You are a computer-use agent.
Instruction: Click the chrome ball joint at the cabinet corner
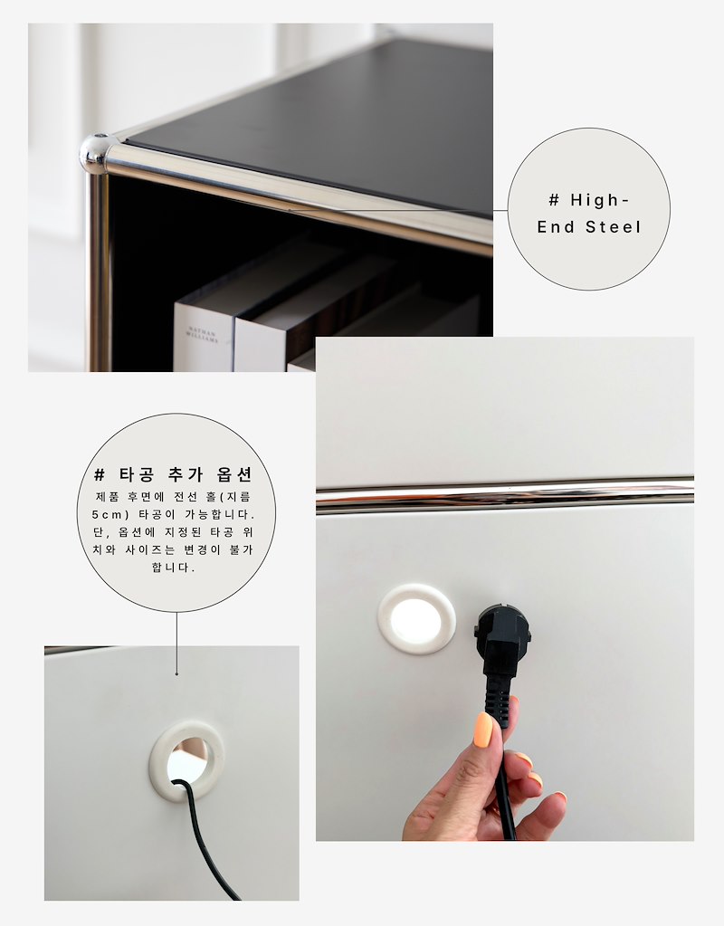(x=94, y=154)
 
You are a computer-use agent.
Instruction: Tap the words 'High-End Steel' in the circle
(x=589, y=214)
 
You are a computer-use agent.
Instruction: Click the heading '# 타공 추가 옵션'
(x=174, y=474)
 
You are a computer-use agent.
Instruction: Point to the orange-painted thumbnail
(x=484, y=730)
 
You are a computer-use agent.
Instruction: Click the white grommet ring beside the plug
(x=417, y=619)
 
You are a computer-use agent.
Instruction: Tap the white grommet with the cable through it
(x=186, y=761)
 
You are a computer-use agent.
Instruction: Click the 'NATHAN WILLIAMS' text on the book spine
(x=202, y=335)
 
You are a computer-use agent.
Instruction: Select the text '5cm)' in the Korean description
(x=110, y=514)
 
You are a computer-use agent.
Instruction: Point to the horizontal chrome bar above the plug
(x=505, y=495)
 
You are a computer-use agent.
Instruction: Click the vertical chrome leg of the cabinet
(x=100, y=272)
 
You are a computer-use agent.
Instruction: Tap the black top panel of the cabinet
(x=330, y=124)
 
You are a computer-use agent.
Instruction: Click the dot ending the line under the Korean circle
(x=176, y=673)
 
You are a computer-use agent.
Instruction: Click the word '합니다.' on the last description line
(x=173, y=568)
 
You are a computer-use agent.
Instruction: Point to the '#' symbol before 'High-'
(x=554, y=200)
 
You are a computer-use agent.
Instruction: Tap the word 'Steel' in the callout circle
(x=613, y=227)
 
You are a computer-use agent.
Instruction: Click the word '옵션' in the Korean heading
(x=235, y=474)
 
